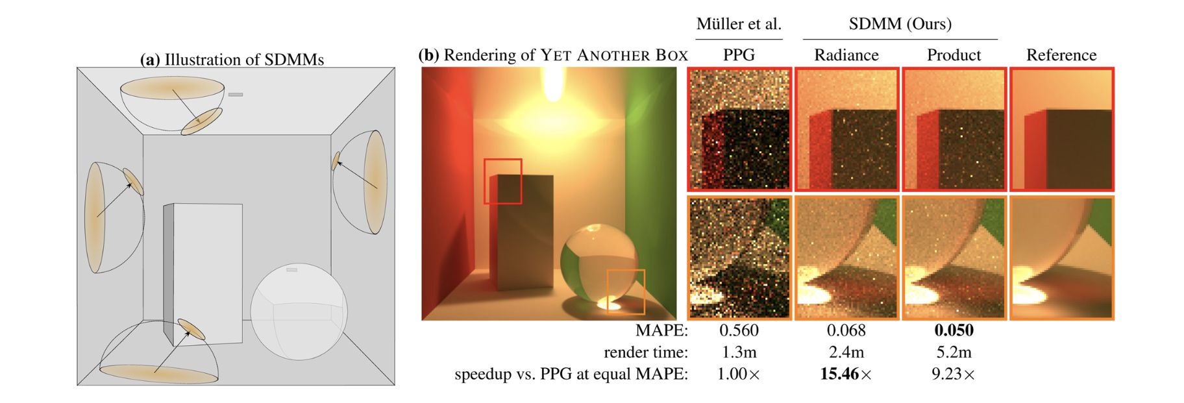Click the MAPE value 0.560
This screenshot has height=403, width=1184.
coord(739,330)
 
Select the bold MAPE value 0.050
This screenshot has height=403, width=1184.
coord(954,330)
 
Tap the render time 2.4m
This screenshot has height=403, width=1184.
coord(846,352)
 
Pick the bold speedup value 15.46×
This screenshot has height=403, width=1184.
coord(846,374)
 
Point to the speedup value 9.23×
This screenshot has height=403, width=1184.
coord(953,374)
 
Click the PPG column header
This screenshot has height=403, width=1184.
coord(739,55)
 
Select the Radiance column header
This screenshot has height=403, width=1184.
coord(846,55)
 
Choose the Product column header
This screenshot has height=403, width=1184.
coord(954,55)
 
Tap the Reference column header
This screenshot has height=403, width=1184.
coord(1061,55)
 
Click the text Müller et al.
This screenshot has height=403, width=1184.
coord(739,24)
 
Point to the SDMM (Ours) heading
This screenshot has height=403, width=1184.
coord(900,24)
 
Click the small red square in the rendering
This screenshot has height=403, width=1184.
coord(502,181)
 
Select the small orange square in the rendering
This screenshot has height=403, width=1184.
coord(625,291)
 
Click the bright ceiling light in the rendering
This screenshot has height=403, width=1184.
coord(552,84)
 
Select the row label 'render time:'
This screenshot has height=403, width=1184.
coord(645,352)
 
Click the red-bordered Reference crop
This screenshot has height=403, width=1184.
coord(1061,129)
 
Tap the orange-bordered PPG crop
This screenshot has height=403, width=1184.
coord(739,258)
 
